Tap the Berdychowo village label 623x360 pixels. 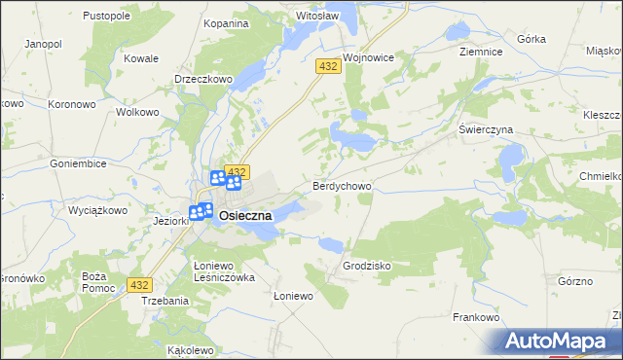(x=342, y=185)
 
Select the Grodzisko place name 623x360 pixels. (x=367, y=265)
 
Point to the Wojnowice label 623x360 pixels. (x=367, y=57)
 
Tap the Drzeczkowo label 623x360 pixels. (x=202, y=79)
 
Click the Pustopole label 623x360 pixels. (x=107, y=17)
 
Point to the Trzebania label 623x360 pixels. (x=165, y=301)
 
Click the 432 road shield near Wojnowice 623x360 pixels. (x=327, y=65)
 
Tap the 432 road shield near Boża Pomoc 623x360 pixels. (x=140, y=285)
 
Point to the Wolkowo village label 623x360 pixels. (x=137, y=112)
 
